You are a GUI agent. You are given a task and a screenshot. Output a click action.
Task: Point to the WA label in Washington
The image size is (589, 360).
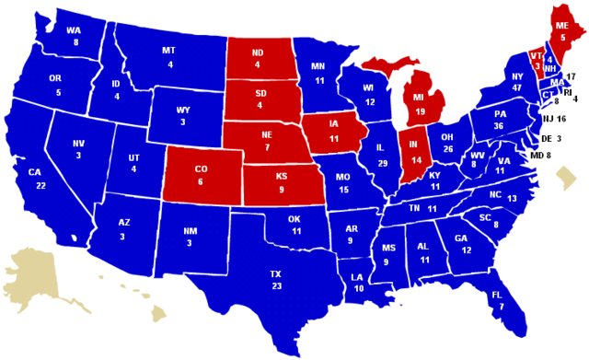tap(74, 29)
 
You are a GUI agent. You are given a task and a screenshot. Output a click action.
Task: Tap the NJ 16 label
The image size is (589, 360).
tap(553, 119)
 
